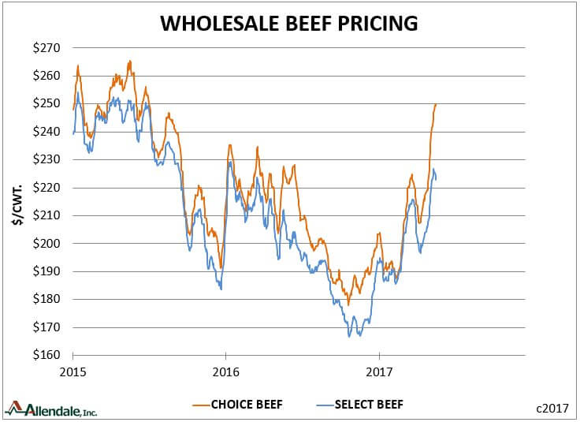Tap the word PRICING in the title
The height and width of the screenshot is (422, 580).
377,24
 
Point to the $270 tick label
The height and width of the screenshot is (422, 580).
46,48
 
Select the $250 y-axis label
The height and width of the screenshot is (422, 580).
46,103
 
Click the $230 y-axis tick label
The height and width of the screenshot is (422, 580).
46,159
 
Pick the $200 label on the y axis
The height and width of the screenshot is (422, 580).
46,243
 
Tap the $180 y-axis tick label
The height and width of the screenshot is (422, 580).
46,299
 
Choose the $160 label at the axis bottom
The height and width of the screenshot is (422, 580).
46,355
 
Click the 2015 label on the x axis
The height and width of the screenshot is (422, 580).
72,372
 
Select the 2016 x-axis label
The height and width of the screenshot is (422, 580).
226,372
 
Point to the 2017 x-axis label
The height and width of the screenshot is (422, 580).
379,372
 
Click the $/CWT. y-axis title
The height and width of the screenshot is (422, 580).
17,204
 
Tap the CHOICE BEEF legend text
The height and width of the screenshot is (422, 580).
247,405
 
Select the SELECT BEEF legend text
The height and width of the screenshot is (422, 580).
369,405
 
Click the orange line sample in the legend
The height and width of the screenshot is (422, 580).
202,405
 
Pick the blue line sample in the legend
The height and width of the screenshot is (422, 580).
325,405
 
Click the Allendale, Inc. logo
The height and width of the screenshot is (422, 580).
51,409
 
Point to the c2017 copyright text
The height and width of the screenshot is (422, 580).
552,409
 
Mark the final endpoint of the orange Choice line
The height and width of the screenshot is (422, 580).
436,104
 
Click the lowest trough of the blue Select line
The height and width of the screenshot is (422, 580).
349,337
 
